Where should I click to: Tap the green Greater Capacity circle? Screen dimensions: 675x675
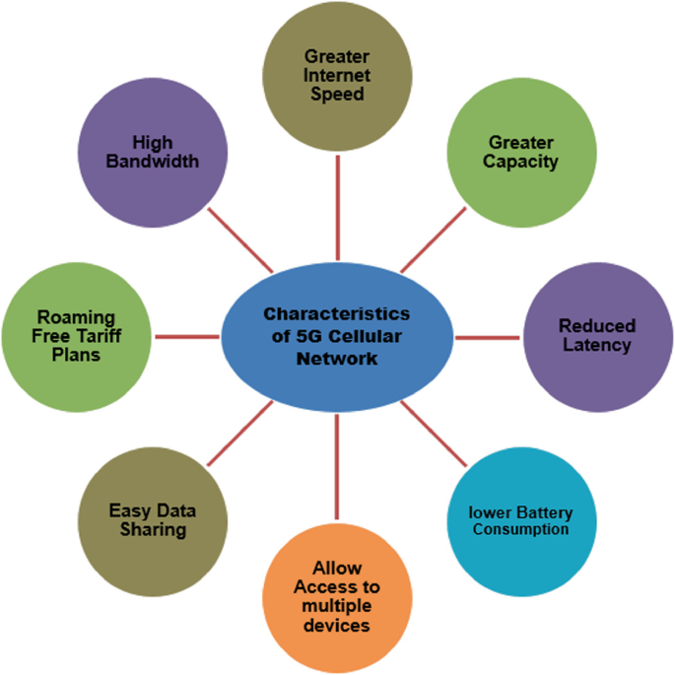click(x=520, y=152)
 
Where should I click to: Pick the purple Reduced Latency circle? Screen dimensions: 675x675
click(x=597, y=335)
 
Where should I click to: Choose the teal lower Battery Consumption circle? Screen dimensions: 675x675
click(x=520, y=520)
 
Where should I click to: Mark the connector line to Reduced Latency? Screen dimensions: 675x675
click(x=487, y=337)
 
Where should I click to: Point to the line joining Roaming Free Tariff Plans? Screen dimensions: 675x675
click(x=187, y=337)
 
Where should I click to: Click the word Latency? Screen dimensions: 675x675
click(x=597, y=345)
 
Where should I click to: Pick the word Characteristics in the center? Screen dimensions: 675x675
click(x=337, y=313)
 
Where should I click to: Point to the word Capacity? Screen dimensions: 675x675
click(x=520, y=161)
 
